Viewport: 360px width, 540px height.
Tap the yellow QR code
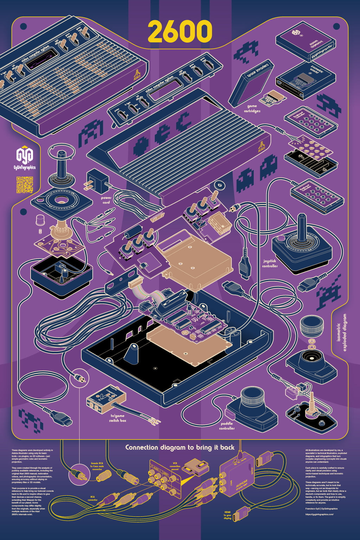[25, 185]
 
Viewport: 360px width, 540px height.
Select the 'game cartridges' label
[252, 108]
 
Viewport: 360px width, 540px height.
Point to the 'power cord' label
[106, 200]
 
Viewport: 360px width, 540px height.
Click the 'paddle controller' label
[227, 426]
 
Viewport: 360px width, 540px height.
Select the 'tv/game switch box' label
[117, 418]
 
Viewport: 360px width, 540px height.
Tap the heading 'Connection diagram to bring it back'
[180, 448]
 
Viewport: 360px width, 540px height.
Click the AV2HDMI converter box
[237, 476]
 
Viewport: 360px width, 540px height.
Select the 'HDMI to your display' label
[227, 515]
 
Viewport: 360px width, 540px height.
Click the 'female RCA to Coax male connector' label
[97, 466]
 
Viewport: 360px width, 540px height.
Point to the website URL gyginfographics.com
[319, 514]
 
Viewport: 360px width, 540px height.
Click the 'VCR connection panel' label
[175, 466]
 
